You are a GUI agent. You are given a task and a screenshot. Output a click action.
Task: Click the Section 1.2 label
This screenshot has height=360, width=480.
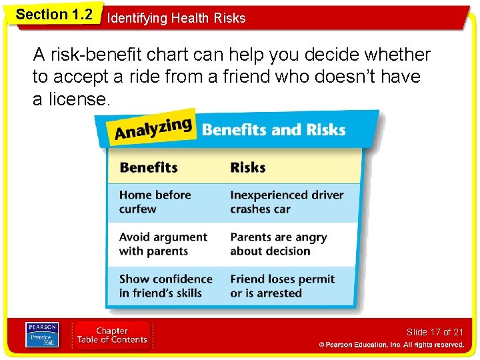tap(54, 15)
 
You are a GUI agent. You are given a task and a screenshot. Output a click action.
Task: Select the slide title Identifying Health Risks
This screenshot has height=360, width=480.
tap(176, 18)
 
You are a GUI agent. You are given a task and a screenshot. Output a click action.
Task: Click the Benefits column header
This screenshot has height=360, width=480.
tap(149, 167)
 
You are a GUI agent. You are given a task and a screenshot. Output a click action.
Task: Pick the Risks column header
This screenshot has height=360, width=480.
tap(248, 167)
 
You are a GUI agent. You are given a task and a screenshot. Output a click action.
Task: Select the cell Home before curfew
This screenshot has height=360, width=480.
tap(155, 202)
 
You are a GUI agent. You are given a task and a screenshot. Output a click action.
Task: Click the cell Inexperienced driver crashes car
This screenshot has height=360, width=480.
tap(287, 202)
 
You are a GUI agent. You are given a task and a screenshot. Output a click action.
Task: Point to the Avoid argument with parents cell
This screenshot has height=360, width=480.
tap(163, 244)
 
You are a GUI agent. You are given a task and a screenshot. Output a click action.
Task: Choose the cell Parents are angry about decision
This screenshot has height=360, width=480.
tap(279, 244)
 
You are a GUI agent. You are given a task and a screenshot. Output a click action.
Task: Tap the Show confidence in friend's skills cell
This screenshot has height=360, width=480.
tap(165, 286)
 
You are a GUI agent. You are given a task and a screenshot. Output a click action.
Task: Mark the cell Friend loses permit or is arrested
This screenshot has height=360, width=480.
tap(282, 286)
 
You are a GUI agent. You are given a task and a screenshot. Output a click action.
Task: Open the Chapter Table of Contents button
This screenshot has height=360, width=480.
tap(112, 335)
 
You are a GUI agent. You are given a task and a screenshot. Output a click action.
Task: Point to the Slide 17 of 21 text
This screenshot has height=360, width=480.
tap(435, 332)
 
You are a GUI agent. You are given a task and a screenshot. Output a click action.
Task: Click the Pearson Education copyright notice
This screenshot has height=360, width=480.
tap(391, 345)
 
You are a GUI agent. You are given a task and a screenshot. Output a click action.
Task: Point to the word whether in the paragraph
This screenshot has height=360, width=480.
tap(396, 55)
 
